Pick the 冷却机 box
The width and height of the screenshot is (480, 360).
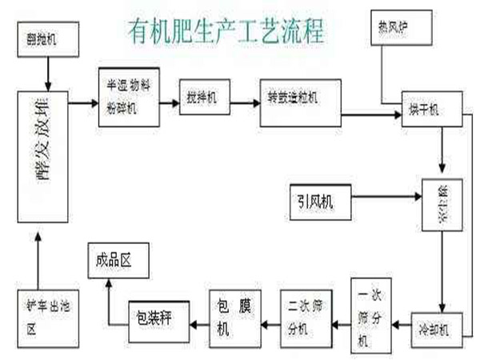[x=435, y=326]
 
